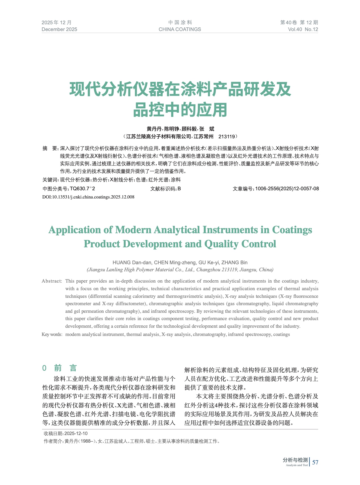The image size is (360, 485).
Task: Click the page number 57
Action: click(x=315, y=462)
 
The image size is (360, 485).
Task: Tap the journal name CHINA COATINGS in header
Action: click(x=180, y=29)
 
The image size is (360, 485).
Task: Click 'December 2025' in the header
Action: click(x=59, y=29)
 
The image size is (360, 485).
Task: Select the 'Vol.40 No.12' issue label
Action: click(x=303, y=29)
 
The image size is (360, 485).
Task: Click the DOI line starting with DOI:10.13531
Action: click(x=88, y=197)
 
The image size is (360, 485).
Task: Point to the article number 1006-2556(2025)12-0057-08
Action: click(x=287, y=189)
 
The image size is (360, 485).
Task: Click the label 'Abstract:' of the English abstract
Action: click(x=52, y=281)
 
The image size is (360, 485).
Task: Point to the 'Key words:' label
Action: click(x=52, y=334)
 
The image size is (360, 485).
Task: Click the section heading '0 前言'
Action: click(x=60, y=368)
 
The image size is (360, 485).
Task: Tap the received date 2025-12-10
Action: click(x=76, y=433)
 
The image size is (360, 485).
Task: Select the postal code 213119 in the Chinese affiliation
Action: click(x=227, y=137)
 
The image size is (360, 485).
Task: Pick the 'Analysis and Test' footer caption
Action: click(x=297, y=465)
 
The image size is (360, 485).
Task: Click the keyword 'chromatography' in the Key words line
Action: click(x=209, y=334)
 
